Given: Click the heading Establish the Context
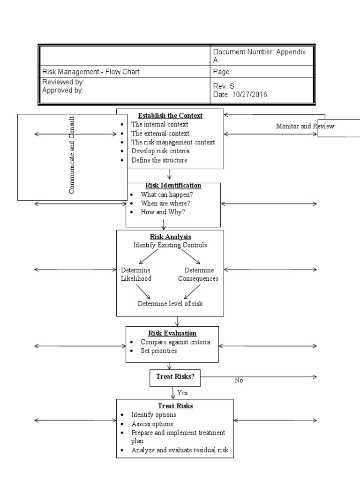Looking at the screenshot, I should coord(170,115).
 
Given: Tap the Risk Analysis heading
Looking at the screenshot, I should coord(170,237).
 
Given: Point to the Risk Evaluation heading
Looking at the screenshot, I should coord(172,333).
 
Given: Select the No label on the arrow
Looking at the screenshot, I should coord(239,381).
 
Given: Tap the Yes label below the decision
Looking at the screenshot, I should coord(182,393).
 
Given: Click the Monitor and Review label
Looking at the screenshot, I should coord(305,126).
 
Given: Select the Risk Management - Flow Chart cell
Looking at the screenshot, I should coord(91,72).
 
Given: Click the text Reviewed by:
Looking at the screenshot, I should coord(63,82).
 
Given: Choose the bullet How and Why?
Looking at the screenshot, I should coord(163,212).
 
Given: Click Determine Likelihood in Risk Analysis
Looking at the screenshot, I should coord(136,274).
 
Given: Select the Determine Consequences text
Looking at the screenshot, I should coord(198,274).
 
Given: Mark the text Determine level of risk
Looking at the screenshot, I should coord(170,303).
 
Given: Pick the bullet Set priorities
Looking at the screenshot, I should coord(158,351).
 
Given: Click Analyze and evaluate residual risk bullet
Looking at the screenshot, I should coord(180,450).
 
